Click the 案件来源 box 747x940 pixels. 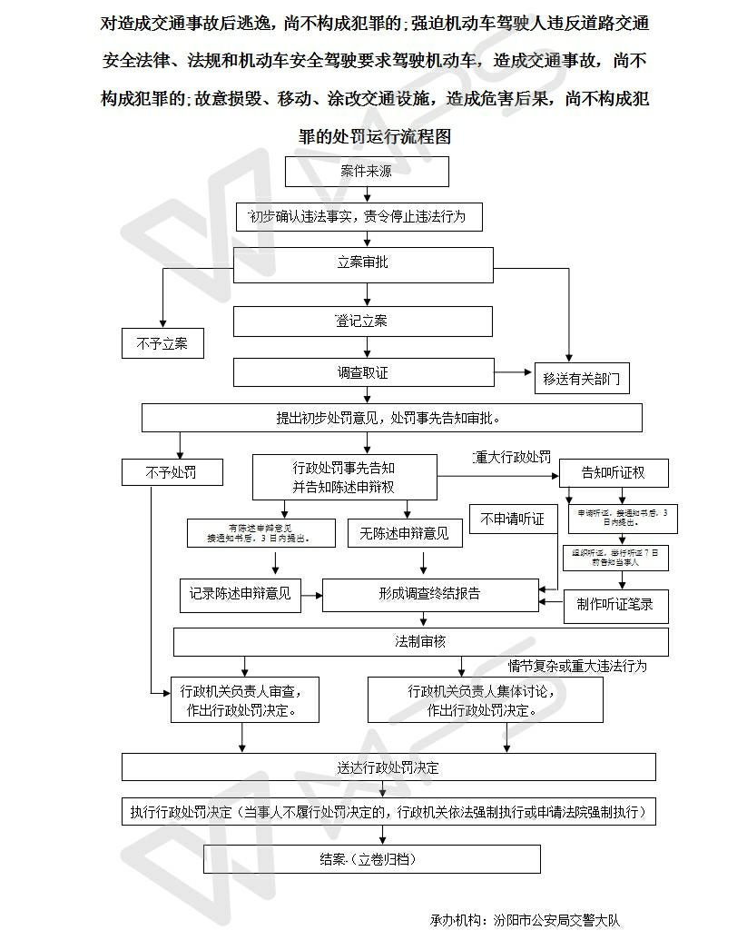pos(367,172)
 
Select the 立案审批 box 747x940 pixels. pos(363,262)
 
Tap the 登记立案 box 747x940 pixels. pos(363,322)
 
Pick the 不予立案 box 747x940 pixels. pos(162,344)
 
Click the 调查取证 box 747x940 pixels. pos(363,372)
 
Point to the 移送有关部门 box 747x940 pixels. pos(582,379)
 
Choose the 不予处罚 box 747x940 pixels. pos(171,472)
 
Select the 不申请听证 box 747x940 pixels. pos(513,519)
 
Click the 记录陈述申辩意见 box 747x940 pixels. pos(241,594)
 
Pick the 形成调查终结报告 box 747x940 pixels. pos(430,594)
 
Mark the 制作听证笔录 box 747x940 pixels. pos(615,604)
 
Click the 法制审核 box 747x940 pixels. pos(420,641)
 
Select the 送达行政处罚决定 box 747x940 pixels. pos(388,767)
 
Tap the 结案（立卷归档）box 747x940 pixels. pos(371,858)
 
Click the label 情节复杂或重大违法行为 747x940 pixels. pos(577,667)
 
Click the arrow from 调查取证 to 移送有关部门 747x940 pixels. pos(513,372)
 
